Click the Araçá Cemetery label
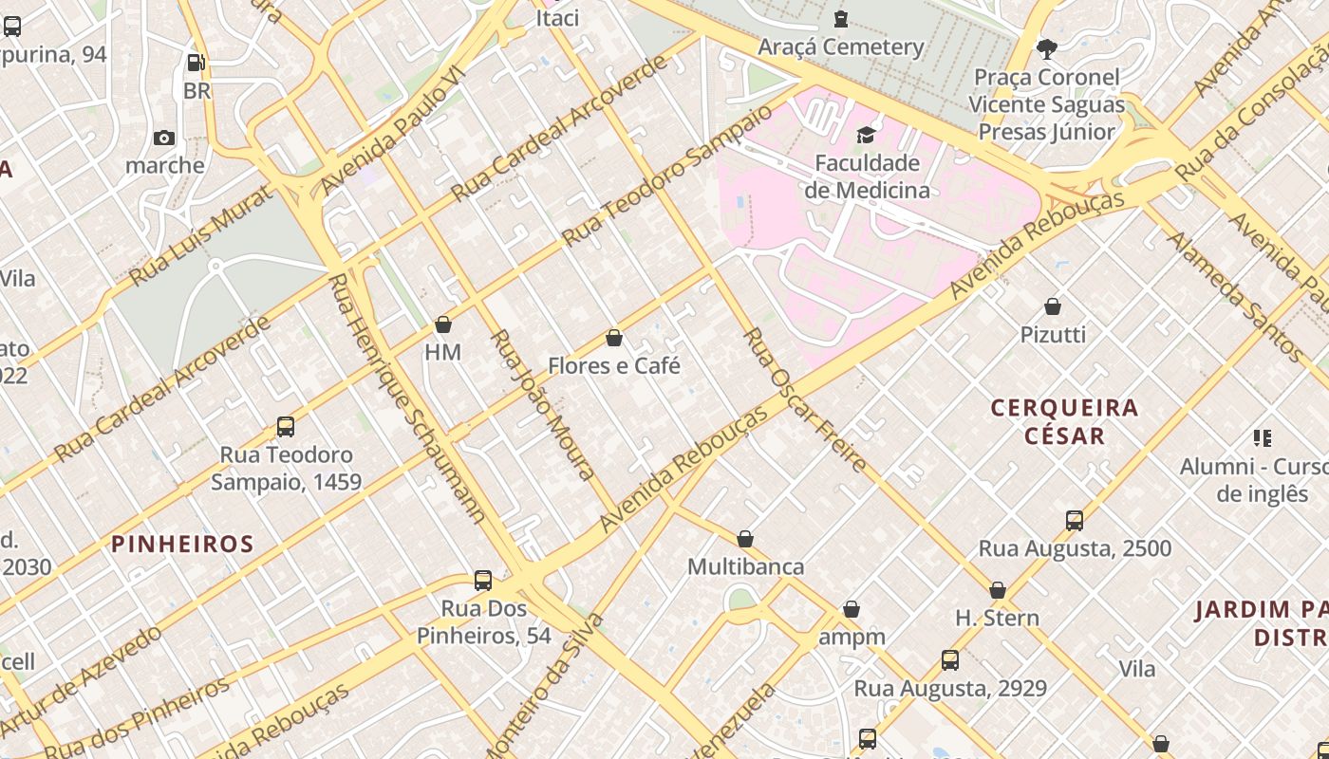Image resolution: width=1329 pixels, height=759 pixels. pos(840,46)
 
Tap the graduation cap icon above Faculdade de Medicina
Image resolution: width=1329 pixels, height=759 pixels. pos(866,136)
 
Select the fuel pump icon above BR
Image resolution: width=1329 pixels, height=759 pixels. pos(197,64)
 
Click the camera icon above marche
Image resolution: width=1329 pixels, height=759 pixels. pos(164,139)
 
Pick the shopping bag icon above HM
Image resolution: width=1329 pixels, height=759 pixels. pos(442,325)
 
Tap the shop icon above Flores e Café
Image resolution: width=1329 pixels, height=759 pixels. pos(614,339)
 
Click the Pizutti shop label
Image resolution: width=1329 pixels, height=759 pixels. pos(1053,334)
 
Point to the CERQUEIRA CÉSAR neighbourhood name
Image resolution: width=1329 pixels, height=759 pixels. pos(1064,422)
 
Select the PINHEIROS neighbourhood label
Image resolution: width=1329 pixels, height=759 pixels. pos(182,544)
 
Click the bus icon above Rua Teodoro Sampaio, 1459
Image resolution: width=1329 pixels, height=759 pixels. pos(286,427)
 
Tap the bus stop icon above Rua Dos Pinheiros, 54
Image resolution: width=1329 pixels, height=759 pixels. pos(483,581)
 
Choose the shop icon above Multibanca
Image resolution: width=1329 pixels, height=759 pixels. pos(745,540)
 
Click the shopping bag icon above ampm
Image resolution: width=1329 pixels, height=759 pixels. pos(852,609)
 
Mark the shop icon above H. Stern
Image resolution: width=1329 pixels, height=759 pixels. pos(998,591)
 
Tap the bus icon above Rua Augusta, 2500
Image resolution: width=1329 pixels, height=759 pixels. pos(1075,521)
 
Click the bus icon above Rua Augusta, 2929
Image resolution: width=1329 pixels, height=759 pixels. pos(950,660)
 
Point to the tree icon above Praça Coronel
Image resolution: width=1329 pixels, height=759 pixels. pos(1047,48)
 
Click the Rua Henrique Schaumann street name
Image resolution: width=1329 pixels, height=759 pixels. pos(407,398)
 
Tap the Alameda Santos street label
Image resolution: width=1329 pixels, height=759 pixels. pos(1235,295)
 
